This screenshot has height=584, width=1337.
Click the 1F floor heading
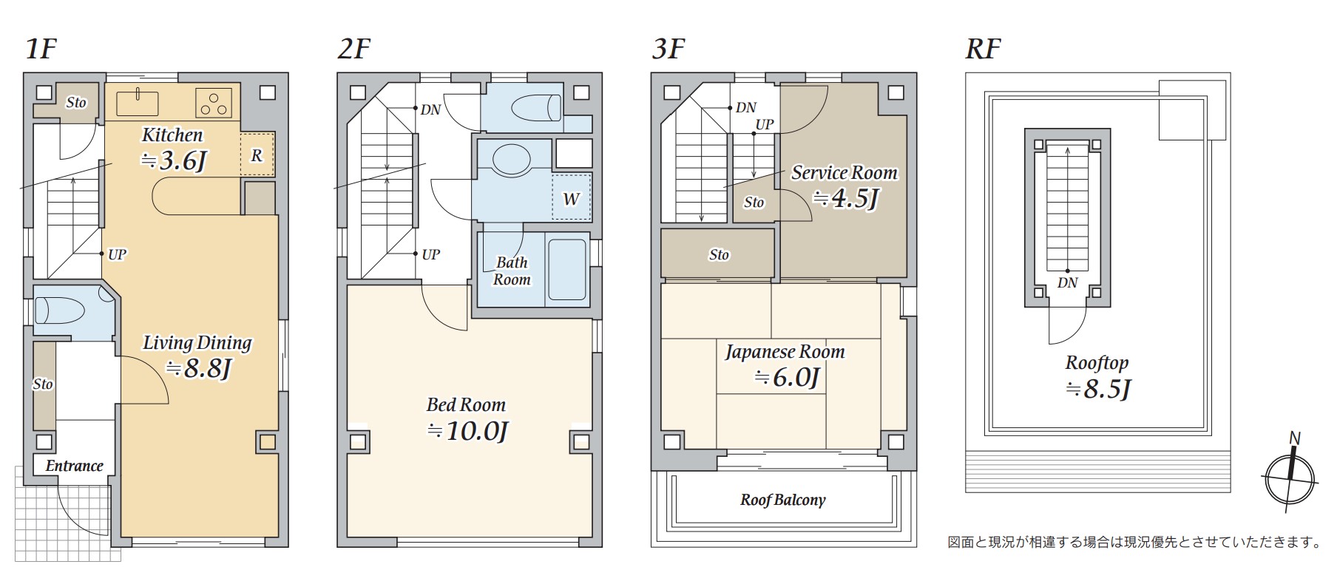pos(41,48)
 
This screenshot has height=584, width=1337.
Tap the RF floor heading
pos(983,49)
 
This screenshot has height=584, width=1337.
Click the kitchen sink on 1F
pos(138,103)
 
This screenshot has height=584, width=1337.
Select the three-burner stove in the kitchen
pos(214,103)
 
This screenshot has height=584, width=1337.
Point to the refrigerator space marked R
pos(257,154)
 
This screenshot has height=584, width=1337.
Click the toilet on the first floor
pos(61,310)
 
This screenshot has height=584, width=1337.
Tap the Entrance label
pos(74,466)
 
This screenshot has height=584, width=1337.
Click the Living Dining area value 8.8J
pos(198,367)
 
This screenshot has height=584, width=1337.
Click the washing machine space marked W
pos(572,197)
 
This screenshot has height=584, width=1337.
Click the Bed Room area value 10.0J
pos(467,430)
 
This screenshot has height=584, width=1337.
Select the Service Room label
pos(844,173)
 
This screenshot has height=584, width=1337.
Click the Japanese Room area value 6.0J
pos(786,378)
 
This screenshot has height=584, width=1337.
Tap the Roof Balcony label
pos(783,500)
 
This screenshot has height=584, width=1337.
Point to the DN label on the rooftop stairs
pos(1067,282)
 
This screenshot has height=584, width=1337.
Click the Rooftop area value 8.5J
pos(1098,389)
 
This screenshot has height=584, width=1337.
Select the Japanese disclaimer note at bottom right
pos(1135,542)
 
